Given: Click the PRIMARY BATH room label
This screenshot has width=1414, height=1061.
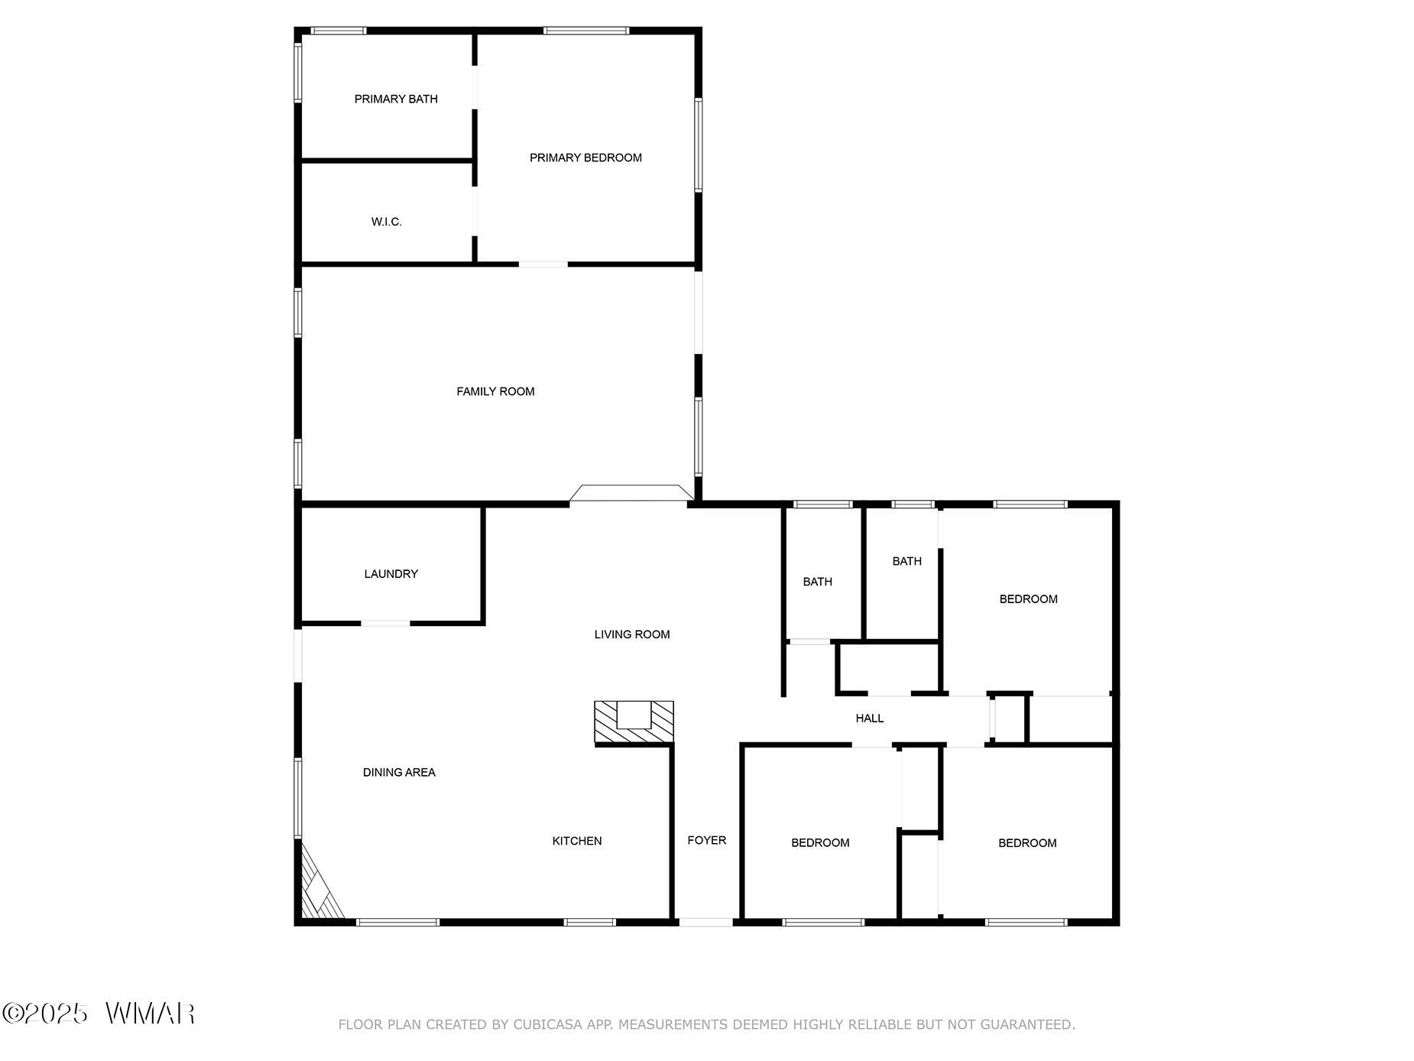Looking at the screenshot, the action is point(396,99).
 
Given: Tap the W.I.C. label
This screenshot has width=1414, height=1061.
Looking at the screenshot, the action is point(386,222).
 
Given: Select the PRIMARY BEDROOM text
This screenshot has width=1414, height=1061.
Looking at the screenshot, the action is point(585,157).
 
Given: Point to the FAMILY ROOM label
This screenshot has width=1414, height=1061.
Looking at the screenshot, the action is point(495,391).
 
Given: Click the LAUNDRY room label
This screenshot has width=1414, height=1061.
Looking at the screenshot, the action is point(391,574).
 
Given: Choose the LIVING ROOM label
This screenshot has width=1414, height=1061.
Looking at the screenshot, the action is point(632,634).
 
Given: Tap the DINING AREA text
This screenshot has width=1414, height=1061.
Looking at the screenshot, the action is point(399,773).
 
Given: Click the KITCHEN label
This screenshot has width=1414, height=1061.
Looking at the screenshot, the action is point(577,841).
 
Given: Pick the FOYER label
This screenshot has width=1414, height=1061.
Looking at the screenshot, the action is point(706,840).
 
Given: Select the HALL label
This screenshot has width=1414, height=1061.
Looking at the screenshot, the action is point(870,719).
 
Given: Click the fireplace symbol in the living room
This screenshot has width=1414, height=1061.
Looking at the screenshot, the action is point(634,722).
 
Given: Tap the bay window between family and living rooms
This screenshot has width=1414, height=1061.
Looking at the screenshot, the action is point(631,493).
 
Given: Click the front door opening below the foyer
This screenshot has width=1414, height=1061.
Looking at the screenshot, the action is point(705,922).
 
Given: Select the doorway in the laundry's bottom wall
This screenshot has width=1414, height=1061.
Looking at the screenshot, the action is point(385,624).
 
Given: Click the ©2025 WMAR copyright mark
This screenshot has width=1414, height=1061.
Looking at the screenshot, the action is point(99,1014).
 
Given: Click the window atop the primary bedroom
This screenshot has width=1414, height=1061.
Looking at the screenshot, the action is point(586,31).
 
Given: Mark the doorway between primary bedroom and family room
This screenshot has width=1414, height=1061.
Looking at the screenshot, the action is point(543,264).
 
